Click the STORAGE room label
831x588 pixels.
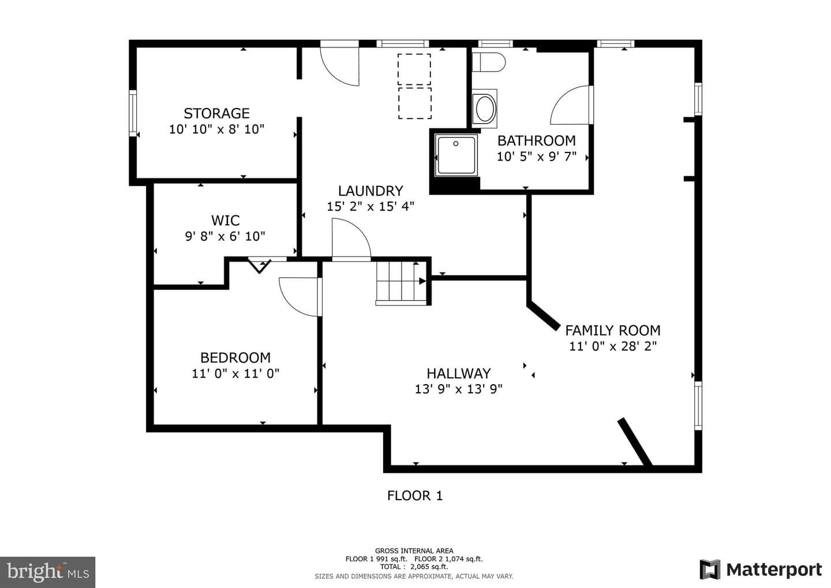216,113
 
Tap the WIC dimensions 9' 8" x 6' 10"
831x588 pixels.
225,236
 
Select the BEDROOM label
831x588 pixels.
235,358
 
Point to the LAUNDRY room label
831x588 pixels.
370,191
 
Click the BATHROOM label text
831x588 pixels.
537,141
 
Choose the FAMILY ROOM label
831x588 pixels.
613,330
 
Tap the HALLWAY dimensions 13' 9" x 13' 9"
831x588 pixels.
459,389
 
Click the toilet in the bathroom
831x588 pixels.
489,62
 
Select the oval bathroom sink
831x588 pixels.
485,109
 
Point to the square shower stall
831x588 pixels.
456,155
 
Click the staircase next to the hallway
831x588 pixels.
401,282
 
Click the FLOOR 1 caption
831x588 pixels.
415,496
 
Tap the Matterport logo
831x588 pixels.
761,570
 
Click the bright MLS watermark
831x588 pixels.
47,572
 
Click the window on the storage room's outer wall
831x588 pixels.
133,113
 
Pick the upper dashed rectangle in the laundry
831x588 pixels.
414,70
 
